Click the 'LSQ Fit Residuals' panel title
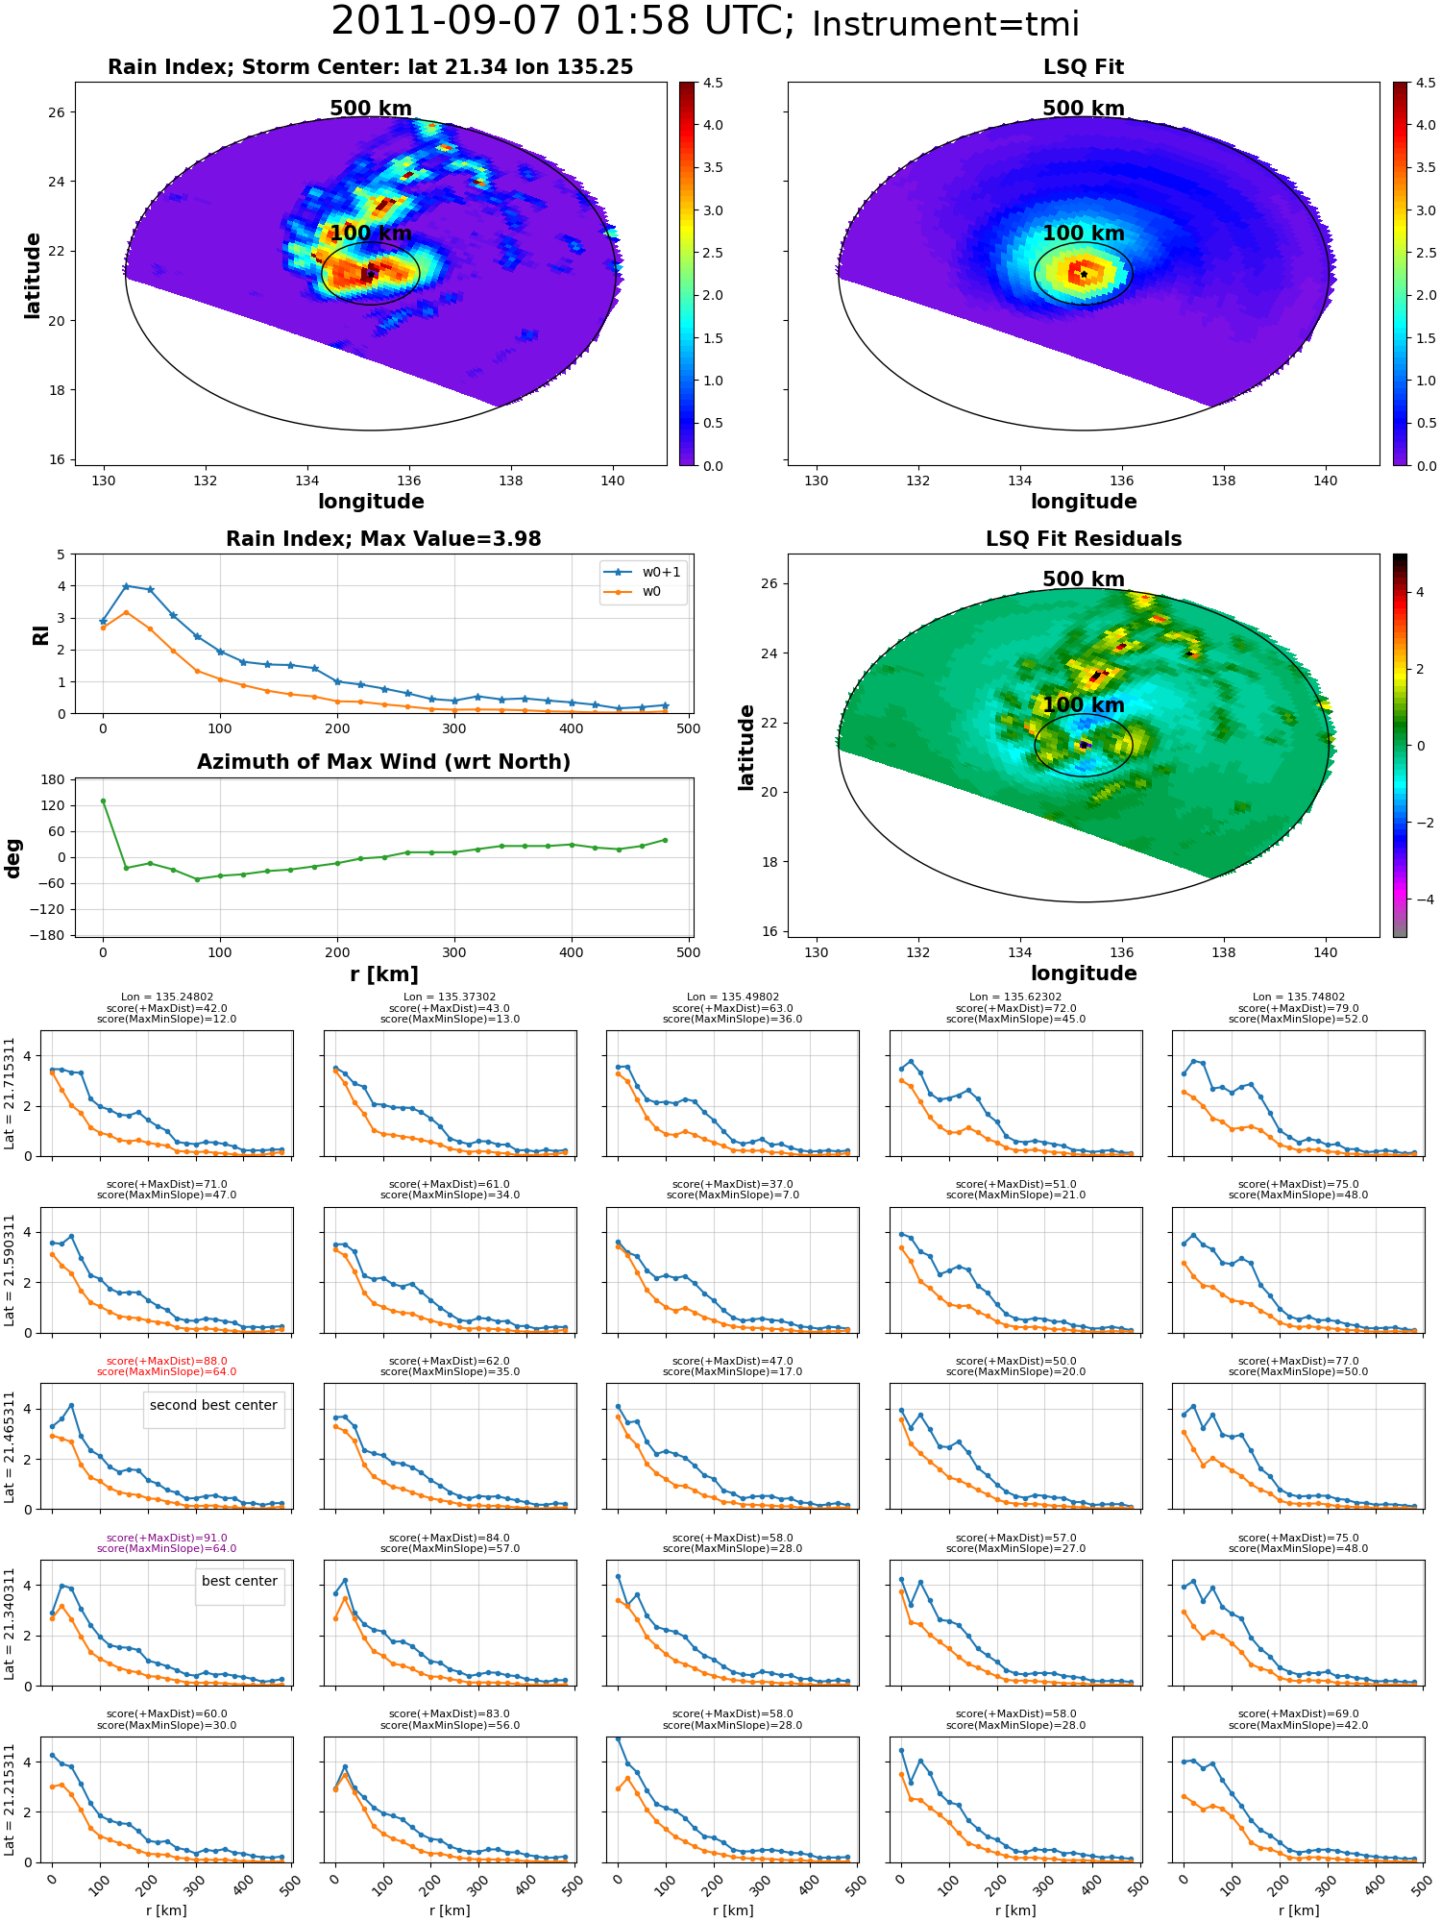(1084, 539)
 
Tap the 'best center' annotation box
(239, 1581)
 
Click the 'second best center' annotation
(213, 1405)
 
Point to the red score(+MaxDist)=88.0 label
(166, 1361)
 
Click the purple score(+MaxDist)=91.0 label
(166, 1538)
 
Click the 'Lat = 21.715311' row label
(10, 1093)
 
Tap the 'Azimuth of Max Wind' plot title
(384, 762)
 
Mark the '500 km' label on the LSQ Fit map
(1084, 109)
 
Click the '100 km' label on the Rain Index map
(371, 234)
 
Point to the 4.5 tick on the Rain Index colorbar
(713, 83)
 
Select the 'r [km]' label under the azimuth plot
(384, 974)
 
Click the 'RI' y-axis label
(40, 635)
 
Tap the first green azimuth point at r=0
(103, 801)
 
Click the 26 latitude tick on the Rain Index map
(57, 112)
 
